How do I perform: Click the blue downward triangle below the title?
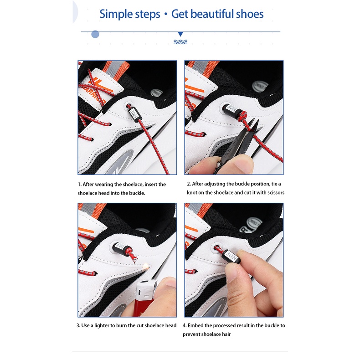coord(180,34)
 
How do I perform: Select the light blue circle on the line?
coord(95,34)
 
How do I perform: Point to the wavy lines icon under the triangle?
coord(180,42)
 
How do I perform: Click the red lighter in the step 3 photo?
coord(145,298)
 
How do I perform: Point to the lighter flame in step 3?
coord(145,266)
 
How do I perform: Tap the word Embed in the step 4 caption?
coord(195,325)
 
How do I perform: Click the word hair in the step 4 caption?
coord(226,334)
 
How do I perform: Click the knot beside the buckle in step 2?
coord(242,116)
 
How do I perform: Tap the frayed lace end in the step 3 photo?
coord(133,257)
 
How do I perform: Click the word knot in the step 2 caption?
coord(192,193)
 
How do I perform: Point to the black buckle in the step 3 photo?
coord(121,248)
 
